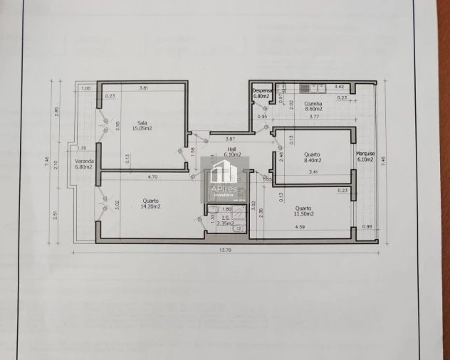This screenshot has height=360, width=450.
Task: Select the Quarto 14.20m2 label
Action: [150, 203]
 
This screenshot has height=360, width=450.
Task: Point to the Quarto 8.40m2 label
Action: [311, 157]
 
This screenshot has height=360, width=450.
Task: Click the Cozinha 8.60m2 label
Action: [313, 106]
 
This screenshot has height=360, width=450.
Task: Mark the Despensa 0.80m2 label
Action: [262, 93]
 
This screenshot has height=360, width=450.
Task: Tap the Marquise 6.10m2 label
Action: [366, 156]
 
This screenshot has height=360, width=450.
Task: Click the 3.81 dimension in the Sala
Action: [143, 88]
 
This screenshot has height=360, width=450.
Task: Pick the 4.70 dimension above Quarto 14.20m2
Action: [152, 176]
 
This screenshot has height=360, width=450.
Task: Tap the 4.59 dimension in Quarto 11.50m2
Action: [300, 228]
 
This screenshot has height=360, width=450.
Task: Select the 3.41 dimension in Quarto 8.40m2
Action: [313, 172]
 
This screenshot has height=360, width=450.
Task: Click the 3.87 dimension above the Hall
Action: [230, 139]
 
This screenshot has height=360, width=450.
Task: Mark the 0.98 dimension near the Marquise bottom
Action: [366, 227]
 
